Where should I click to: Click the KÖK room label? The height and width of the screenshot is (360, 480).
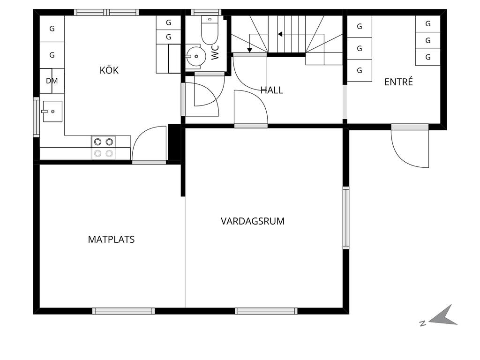pos(109,70)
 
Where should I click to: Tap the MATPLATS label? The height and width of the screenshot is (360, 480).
pos(111,240)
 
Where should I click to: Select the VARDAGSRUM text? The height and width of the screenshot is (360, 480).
pos(253,221)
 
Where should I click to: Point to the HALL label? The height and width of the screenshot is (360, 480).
pos(272,90)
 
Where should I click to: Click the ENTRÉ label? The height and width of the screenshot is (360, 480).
pos(398,82)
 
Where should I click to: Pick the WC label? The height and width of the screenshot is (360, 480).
pos(215,52)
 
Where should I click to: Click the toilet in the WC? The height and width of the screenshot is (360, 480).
pos(210,30)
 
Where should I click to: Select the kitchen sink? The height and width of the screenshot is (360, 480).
pos(52,111)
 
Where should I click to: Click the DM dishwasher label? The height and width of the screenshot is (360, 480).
pos(52,81)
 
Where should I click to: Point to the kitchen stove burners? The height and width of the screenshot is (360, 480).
pos(104,147)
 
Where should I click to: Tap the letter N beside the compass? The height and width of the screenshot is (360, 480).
pos(423,323)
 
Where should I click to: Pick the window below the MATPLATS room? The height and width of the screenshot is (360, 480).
pos(124,311)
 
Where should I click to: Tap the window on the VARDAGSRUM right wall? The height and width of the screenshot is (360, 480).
pos(345,217)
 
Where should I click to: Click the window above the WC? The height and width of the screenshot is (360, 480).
pos(206,12)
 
